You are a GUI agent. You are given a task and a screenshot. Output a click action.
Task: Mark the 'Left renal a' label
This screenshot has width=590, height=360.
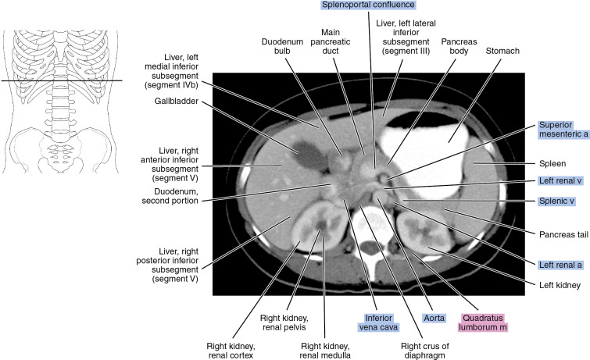[561, 265]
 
